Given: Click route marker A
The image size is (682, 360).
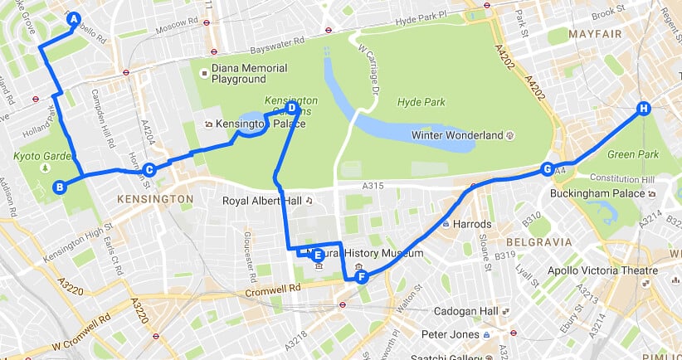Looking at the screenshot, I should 73,19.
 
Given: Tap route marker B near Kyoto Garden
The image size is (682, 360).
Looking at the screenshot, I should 59,187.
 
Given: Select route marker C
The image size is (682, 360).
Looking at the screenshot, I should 149,170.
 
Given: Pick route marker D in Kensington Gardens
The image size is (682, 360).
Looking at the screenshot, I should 291,108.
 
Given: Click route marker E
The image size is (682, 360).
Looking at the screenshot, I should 317,255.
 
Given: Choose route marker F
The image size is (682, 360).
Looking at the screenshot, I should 362,277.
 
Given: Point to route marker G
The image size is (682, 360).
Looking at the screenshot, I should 547,169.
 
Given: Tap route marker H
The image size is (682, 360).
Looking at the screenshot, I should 643,109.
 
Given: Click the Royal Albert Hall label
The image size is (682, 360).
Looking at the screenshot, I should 262,200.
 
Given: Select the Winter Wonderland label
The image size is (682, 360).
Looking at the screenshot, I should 457,134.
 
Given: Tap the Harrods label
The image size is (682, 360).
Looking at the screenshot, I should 470,224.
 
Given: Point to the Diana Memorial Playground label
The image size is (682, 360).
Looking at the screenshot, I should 249,73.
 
